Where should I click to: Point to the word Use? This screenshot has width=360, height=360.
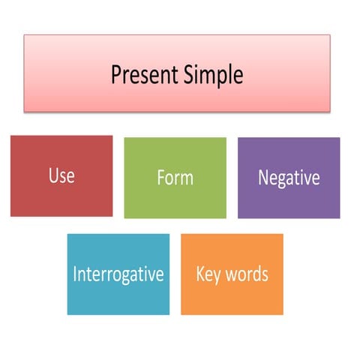[61, 176]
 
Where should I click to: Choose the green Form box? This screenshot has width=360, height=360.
[175, 199]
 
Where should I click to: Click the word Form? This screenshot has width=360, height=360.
[175, 178]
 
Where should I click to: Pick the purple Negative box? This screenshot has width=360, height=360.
[289, 199]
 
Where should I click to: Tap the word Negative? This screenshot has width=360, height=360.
[289, 178]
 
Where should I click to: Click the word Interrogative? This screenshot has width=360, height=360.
[118, 274]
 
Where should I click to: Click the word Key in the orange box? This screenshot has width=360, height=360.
[208, 274]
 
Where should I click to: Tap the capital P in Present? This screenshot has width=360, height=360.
[116, 75]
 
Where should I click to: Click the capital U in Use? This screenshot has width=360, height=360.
[52, 176]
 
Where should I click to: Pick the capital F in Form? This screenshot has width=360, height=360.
[160, 178]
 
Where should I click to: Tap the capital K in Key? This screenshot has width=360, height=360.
[200, 274]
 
